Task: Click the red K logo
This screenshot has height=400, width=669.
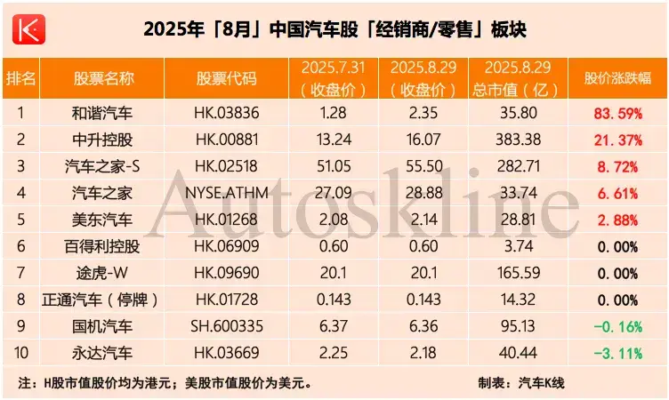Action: pyautogui.click(x=28, y=29)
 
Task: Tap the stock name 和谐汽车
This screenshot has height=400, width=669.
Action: pyautogui.click(x=103, y=113)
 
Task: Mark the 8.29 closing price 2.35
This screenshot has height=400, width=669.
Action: pyautogui.click(x=423, y=113)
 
